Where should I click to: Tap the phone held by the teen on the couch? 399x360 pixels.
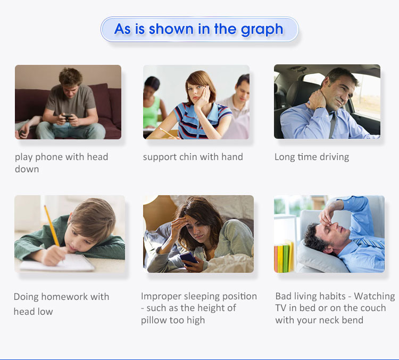click(68, 118)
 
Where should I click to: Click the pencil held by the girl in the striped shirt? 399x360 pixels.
click(167, 133)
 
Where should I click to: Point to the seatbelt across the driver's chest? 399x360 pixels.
click(332, 125)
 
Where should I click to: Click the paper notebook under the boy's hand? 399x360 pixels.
click(57, 263)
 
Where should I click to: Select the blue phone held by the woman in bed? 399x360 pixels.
click(188, 259)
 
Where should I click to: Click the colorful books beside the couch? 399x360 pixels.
click(284, 256)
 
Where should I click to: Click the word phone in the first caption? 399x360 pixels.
click(49, 157)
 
